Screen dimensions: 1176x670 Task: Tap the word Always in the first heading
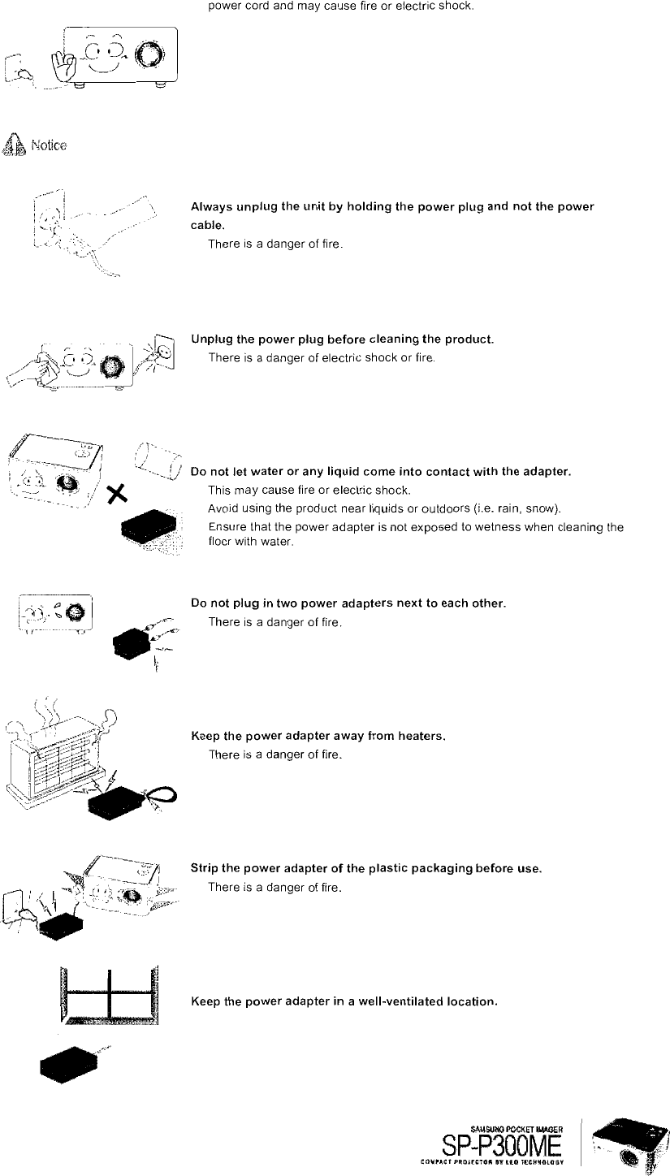[x=210, y=207]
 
